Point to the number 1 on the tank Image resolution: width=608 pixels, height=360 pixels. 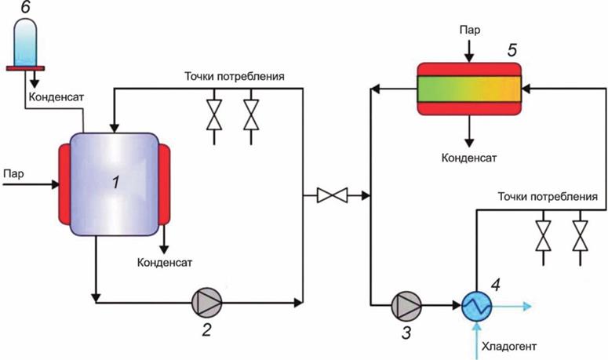click(117, 184)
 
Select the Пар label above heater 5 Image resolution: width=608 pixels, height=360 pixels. click(469, 30)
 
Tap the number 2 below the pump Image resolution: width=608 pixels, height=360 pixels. click(206, 330)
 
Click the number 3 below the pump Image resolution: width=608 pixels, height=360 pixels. click(406, 332)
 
